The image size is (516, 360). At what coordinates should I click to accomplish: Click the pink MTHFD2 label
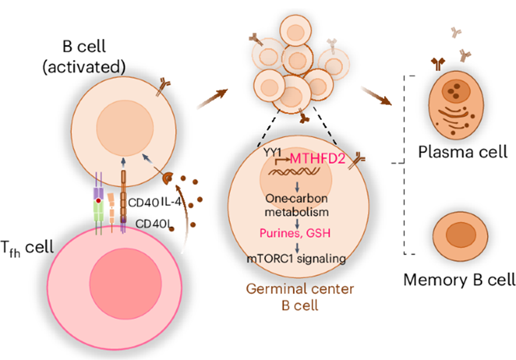317,159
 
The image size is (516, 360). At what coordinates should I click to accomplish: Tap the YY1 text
273,152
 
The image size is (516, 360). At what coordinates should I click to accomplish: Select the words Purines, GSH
295,233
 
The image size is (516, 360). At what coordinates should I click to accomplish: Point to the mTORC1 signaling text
296,259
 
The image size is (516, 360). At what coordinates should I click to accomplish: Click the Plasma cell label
463,152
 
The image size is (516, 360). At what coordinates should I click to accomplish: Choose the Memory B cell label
459,280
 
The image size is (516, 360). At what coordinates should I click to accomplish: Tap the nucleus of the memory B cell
461,235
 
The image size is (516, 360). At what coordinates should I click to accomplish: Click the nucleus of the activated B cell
125,128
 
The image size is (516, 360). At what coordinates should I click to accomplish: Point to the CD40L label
154,224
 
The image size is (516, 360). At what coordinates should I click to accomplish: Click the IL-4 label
171,202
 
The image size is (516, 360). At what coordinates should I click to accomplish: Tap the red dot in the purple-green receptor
98,200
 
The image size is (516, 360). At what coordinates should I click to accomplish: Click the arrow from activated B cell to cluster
212,98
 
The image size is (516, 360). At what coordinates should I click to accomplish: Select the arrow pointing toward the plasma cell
377,96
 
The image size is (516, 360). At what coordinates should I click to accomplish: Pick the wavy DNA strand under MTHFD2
293,172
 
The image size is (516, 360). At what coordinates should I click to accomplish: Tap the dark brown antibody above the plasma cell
438,64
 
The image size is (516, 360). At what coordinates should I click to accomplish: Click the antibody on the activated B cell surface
163,86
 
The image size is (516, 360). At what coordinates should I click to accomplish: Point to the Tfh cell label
27,248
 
